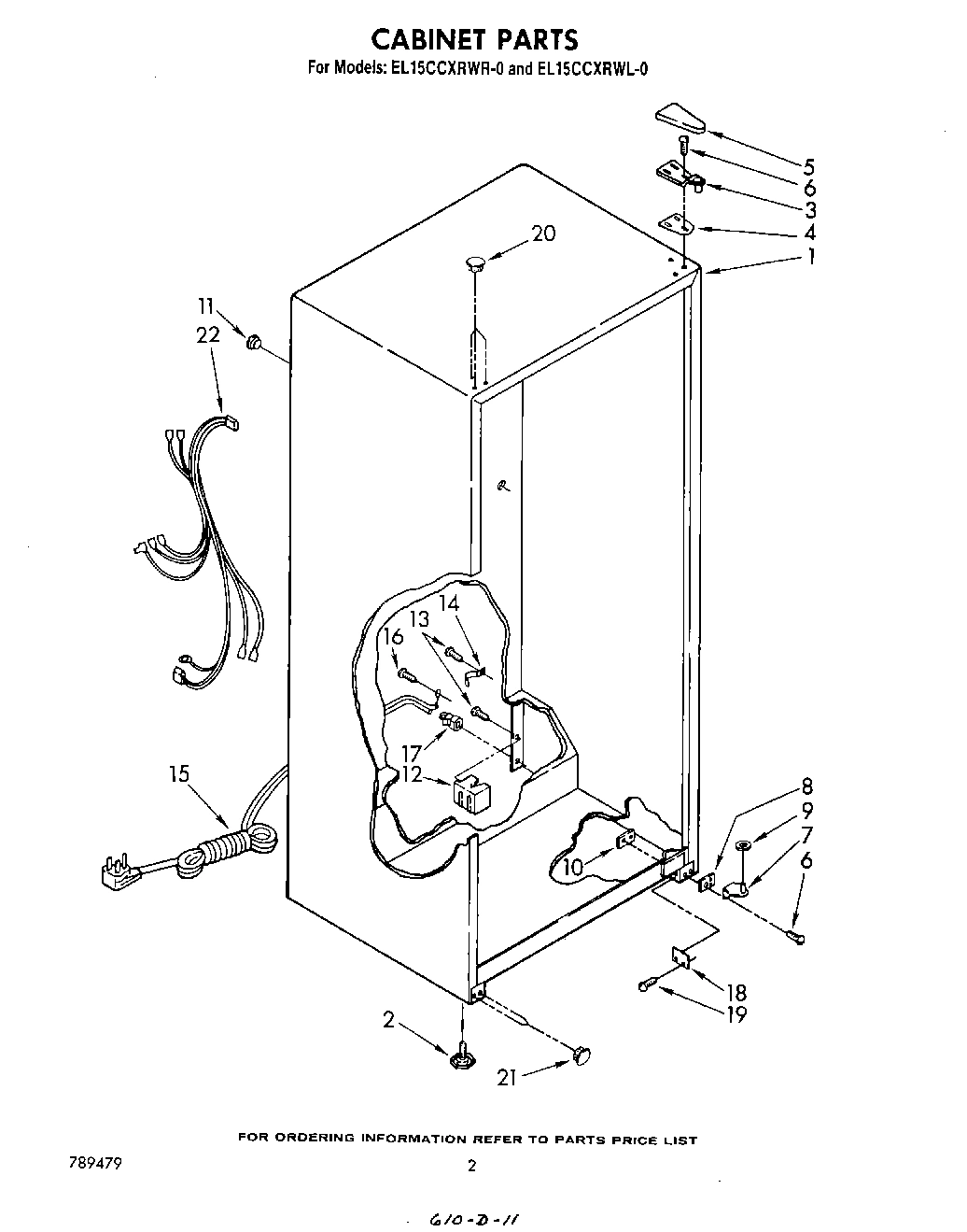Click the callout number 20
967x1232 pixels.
(542, 234)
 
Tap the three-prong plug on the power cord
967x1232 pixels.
(117, 875)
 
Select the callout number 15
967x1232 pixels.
(179, 774)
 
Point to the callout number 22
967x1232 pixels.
(208, 333)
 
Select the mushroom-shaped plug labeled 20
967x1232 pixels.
(475, 263)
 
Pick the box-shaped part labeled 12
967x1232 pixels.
(471, 792)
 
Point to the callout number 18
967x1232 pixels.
(736, 993)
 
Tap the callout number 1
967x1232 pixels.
(810, 256)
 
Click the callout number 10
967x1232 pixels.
(572, 869)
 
